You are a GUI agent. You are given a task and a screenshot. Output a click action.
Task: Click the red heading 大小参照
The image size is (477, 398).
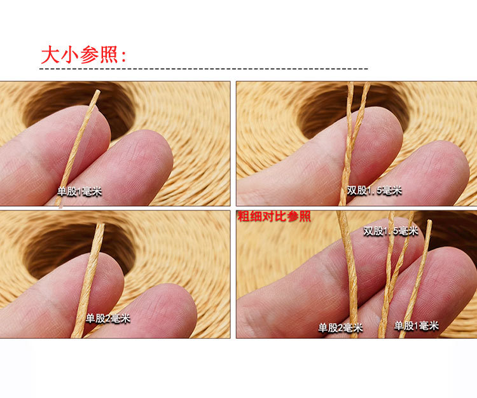click(79, 55)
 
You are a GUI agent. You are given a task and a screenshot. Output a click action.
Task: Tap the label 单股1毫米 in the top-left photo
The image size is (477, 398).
click(79, 191)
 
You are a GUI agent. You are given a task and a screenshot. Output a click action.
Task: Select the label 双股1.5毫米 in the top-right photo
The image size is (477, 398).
click(375, 190)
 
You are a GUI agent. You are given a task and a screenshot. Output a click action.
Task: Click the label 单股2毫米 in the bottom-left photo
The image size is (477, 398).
click(108, 318)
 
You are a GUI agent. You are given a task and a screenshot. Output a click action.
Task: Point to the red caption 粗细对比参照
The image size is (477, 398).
click(274, 217)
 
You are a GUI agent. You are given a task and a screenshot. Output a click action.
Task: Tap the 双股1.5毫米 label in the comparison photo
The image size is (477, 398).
click(391, 231)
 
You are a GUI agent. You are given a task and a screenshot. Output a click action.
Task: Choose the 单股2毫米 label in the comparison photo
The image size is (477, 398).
click(340, 328)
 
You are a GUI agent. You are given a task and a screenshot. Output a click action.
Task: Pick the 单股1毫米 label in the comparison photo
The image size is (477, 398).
click(417, 326)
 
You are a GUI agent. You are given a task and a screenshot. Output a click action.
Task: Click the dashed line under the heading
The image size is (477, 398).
click(204, 68)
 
